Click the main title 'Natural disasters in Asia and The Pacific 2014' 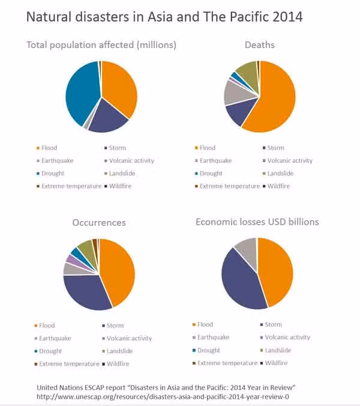(x=164, y=17)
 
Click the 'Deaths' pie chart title (x=259, y=45)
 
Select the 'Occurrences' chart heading (x=99, y=222)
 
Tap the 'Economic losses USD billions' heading (x=257, y=222)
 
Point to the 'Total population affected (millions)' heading (x=101, y=45)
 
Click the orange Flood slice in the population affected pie (x=120, y=87)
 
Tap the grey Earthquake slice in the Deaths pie (x=233, y=91)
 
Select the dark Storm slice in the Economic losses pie (x=240, y=279)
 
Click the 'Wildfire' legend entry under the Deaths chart (x=278, y=186)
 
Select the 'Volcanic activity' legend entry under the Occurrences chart (x=128, y=338)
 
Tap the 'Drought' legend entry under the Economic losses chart (x=208, y=350)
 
